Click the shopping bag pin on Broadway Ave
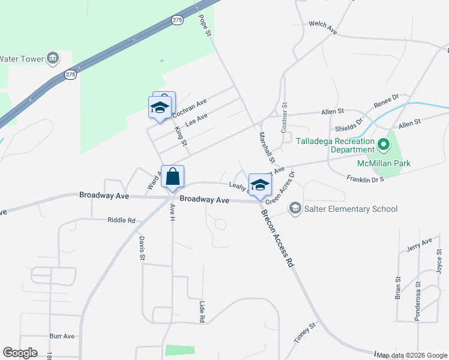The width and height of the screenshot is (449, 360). tap(172, 178)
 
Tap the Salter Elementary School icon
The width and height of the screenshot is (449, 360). tap(295, 208)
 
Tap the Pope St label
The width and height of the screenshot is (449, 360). tap(205, 25)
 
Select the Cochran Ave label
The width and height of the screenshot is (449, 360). tap(189, 108)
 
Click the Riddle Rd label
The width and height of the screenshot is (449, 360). tap(121, 220)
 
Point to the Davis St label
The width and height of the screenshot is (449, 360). tap(142, 248)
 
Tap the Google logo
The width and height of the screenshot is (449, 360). tap(20, 353)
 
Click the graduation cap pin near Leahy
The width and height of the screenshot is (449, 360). tap(259, 185)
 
